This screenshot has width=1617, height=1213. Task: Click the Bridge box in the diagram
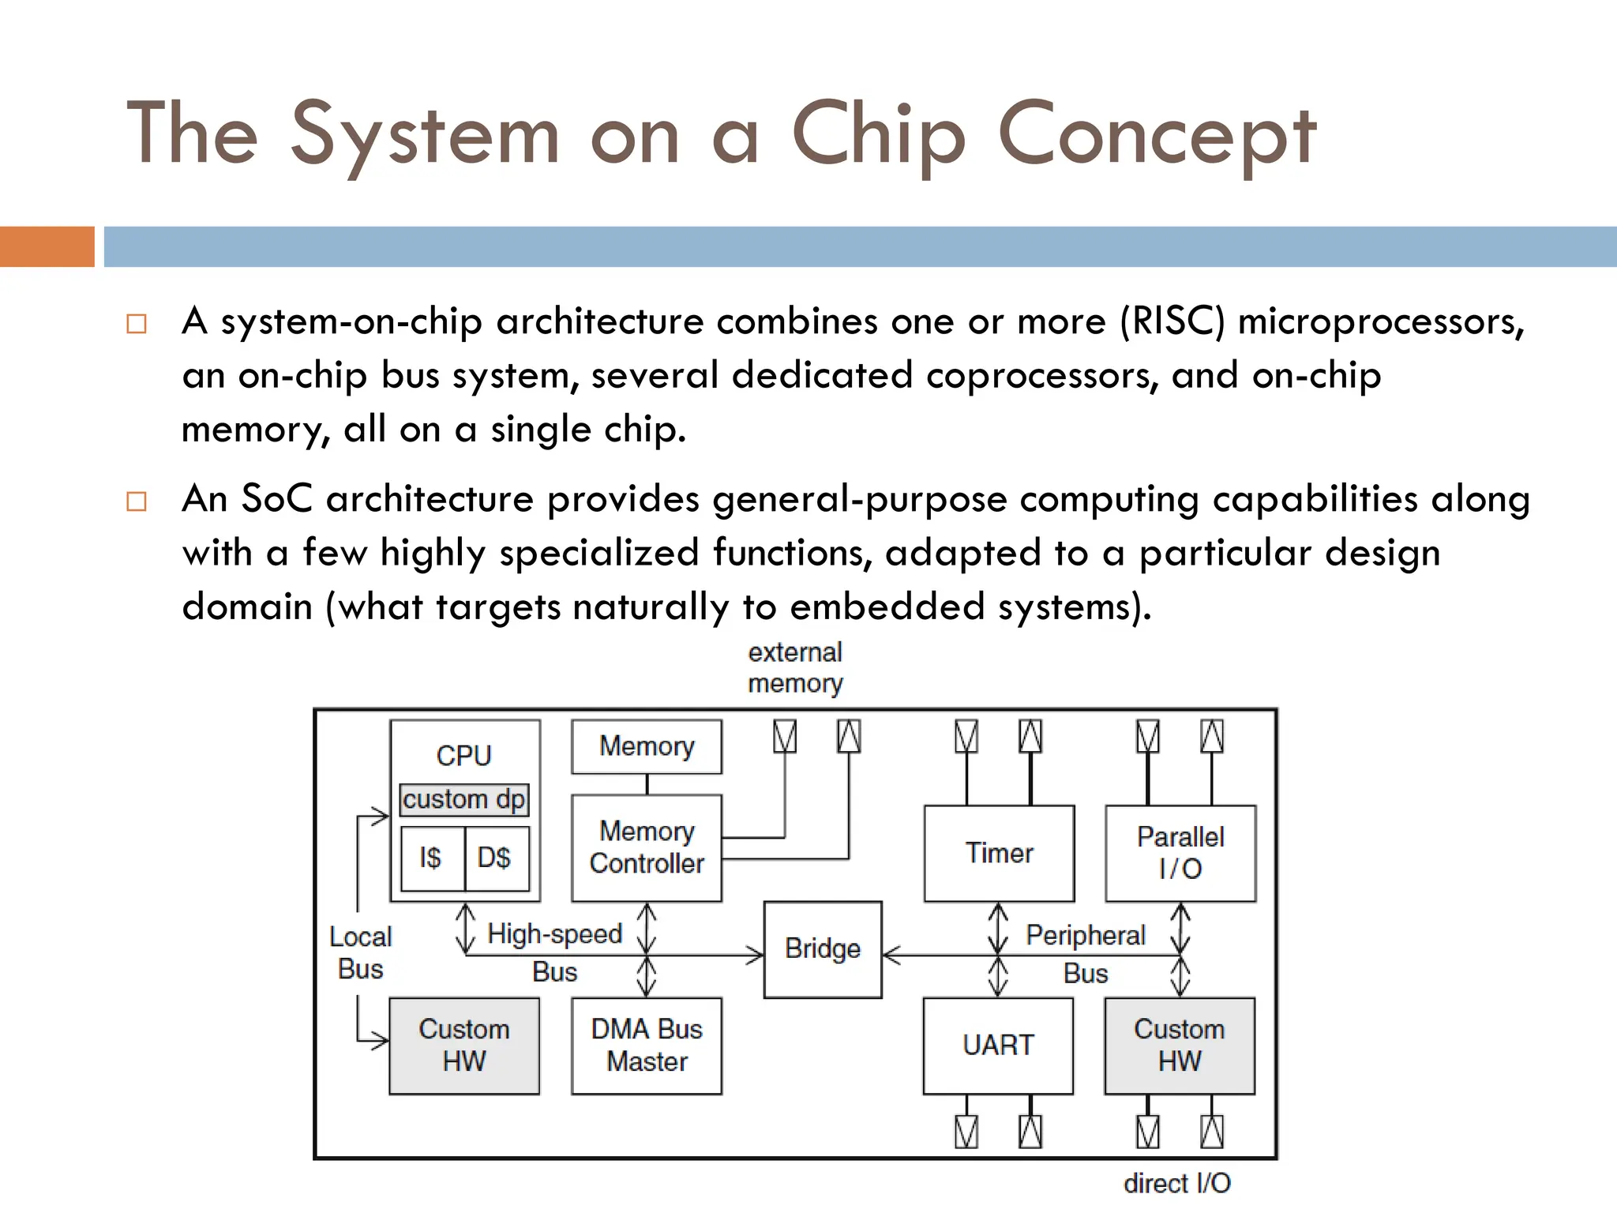[x=822, y=948]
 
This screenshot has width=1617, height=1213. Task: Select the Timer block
[x=999, y=853]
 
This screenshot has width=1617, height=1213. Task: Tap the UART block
[x=997, y=1045]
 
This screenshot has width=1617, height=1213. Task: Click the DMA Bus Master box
[x=646, y=1045]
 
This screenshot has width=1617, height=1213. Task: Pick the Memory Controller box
[x=646, y=847]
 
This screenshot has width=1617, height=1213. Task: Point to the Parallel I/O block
[x=1180, y=853]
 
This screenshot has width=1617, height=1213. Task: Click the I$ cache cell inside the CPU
[x=431, y=858]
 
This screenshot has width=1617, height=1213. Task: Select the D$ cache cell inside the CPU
[x=495, y=858]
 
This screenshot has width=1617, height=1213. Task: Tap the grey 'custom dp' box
[x=463, y=799]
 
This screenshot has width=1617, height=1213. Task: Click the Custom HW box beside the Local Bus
[x=463, y=1045]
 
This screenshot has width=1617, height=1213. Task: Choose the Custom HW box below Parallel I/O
[x=1179, y=1045]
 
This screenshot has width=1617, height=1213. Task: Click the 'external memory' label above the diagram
[x=795, y=667]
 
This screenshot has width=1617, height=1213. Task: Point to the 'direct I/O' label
[x=1176, y=1183]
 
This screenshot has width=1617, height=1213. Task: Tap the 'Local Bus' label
[x=360, y=952]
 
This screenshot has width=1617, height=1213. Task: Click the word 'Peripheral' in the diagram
[x=1085, y=935]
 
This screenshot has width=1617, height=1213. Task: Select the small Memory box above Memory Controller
[x=646, y=745]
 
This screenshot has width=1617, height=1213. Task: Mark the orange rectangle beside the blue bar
[x=47, y=246]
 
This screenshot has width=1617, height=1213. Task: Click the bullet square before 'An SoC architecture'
[x=137, y=501]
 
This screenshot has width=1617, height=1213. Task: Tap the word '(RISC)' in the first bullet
[x=1172, y=322]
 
